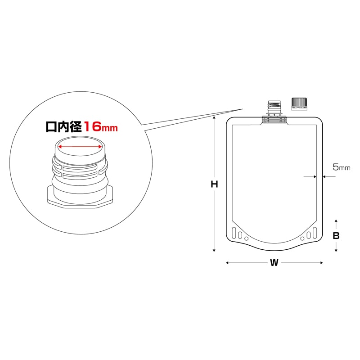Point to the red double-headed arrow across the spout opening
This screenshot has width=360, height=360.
(x=80, y=147)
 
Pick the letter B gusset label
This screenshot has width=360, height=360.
(x=336, y=235)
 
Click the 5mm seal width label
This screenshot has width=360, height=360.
(x=341, y=167)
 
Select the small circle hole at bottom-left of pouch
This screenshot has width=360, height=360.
(x=246, y=238)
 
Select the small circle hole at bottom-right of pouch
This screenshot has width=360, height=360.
(x=302, y=238)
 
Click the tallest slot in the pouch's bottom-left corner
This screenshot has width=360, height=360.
(x=234, y=233)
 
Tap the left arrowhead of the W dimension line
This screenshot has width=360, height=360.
(x=227, y=263)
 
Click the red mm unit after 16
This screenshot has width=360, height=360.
(x=110, y=128)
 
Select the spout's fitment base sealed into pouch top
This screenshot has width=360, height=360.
(x=274, y=120)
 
